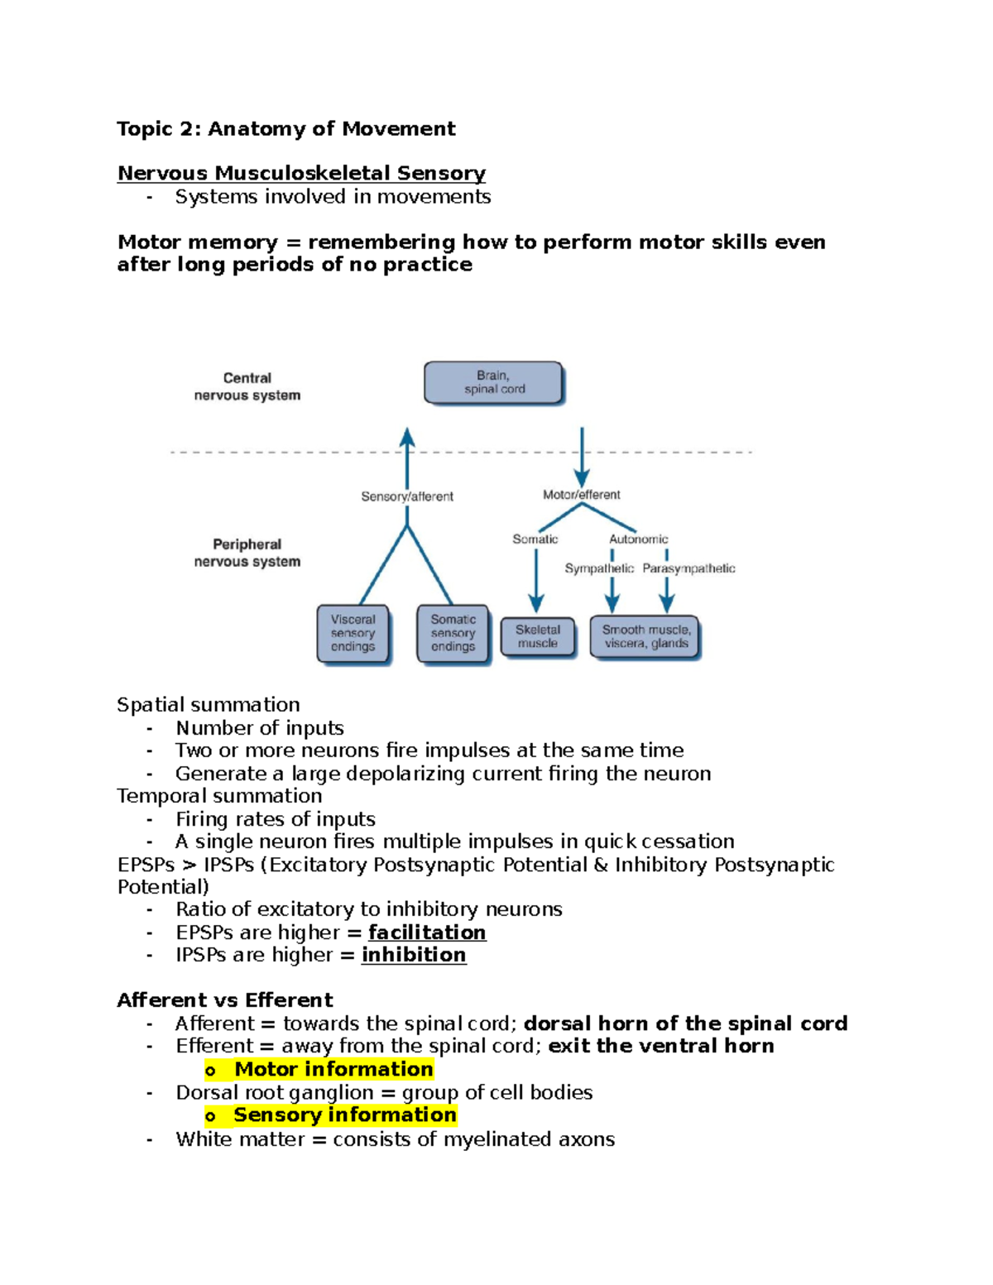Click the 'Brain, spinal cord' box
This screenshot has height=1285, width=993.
click(494, 383)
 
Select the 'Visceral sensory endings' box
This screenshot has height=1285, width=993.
click(353, 634)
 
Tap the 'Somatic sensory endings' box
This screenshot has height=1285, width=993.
click(453, 634)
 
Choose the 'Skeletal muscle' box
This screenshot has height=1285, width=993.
click(538, 637)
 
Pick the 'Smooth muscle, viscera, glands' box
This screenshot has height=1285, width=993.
click(645, 637)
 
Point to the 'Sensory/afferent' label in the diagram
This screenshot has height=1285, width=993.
click(407, 496)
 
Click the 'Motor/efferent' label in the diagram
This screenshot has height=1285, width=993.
click(582, 495)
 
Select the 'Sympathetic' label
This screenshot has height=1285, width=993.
click(599, 568)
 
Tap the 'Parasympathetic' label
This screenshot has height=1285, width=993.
click(688, 568)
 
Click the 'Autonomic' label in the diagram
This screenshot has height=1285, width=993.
click(638, 539)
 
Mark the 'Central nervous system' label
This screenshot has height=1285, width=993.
click(247, 386)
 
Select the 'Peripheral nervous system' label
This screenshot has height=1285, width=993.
click(247, 553)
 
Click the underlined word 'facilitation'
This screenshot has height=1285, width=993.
click(427, 933)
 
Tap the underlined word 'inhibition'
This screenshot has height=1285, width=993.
click(414, 955)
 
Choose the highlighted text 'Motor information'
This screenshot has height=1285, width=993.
click(333, 1069)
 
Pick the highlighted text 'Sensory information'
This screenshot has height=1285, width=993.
click(344, 1115)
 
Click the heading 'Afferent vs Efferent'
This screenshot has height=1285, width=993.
click(225, 1000)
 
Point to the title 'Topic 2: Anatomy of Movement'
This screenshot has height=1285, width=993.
click(286, 129)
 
